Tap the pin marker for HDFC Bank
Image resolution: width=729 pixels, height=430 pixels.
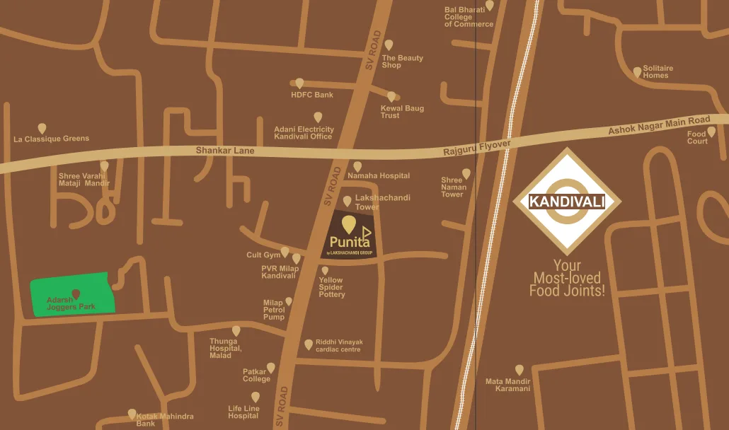[x=299, y=83]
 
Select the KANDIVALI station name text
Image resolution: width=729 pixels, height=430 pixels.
[x=567, y=202]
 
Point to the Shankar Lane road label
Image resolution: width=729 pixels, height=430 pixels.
[x=224, y=151]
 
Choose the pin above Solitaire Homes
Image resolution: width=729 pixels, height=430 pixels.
[x=637, y=72]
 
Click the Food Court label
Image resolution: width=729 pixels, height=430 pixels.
[x=697, y=137]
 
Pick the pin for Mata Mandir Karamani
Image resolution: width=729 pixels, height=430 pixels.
[x=520, y=370]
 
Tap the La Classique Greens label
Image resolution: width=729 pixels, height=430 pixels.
[x=52, y=139]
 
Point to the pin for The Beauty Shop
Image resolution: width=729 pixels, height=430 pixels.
[x=389, y=45]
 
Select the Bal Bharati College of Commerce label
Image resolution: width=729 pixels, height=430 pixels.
[x=469, y=17]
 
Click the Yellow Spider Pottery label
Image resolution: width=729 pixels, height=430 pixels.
[x=331, y=287]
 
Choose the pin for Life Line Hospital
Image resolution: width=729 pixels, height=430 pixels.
[x=256, y=397]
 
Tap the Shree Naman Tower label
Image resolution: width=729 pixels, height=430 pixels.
[x=454, y=187]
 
